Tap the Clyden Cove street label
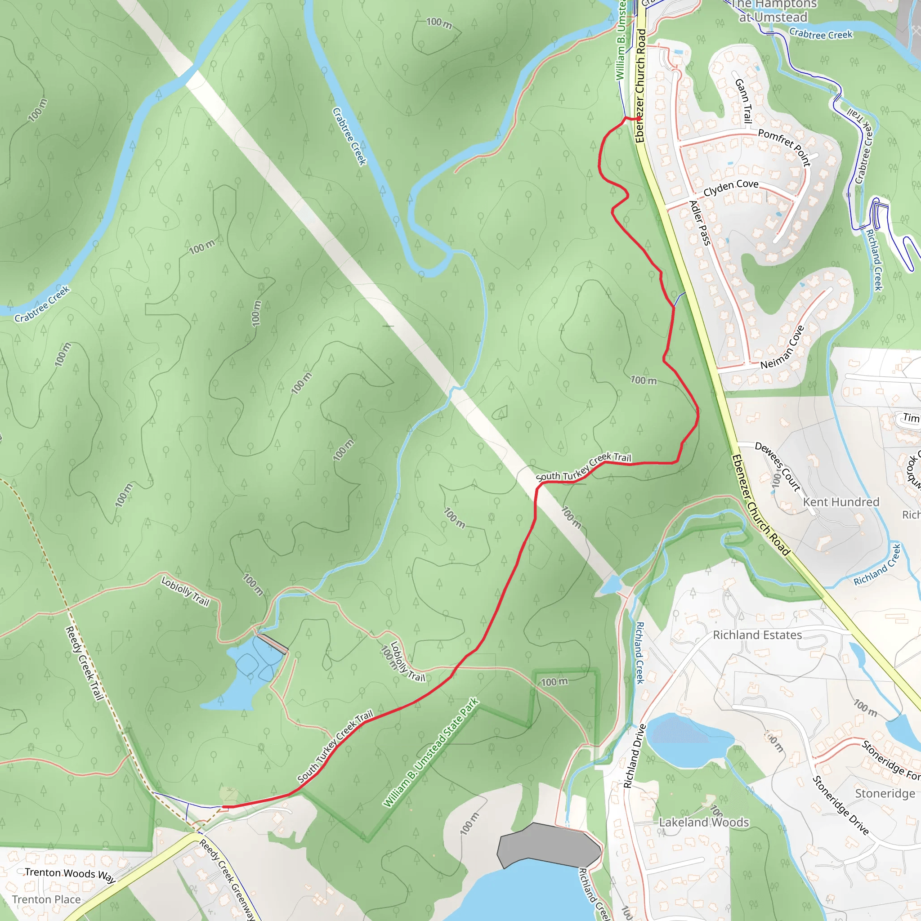pyautogui.click(x=731, y=188)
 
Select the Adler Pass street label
pyautogui.click(x=700, y=223)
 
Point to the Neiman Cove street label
pyautogui.click(x=782, y=347)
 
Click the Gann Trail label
pyautogui.click(x=744, y=101)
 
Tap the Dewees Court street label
pyautogui.click(x=778, y=466)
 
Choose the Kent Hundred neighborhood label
pyautogui.click(x=841, y=502)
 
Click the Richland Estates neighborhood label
pyautogui.click(x=757, y=635)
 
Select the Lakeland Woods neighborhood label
pyautogui.click(x=704, y=823)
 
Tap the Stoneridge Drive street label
pyautogui.click(x=841, y=805)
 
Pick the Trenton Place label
pyautogui.click(x=46, y=899)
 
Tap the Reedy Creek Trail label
pyautogui.click(x=85, y=662)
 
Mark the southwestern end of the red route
pyautogui.click(x=224, y=807)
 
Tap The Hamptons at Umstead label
pyautogui.click(x=773, y=11)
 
